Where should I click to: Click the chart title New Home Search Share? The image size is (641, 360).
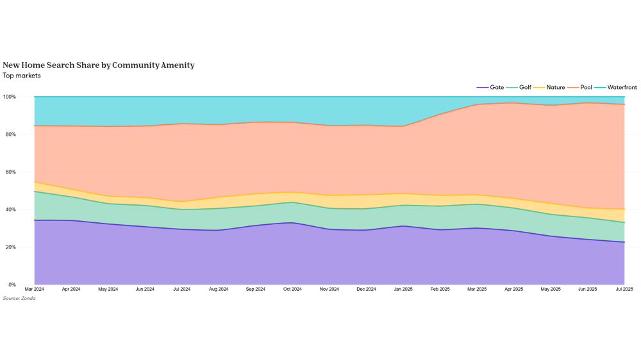click(x=98, y=65)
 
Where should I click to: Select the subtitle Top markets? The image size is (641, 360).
click(x=22, y=76)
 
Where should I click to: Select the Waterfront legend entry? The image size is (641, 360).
click(x=619, y=86)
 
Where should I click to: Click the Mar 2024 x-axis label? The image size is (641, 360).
click(x=35, y=290)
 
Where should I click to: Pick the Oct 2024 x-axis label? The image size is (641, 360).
click(x=292, y=290)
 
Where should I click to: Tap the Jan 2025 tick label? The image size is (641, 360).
click(x=403, y=290)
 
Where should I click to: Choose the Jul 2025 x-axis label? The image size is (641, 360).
click(x=624, y=290)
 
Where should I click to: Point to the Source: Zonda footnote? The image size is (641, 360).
click(x=19, y=299)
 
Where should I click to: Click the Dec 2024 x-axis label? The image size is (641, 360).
click(x=366, y=290)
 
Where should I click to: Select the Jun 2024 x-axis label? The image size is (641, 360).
click(x=145, y=290)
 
